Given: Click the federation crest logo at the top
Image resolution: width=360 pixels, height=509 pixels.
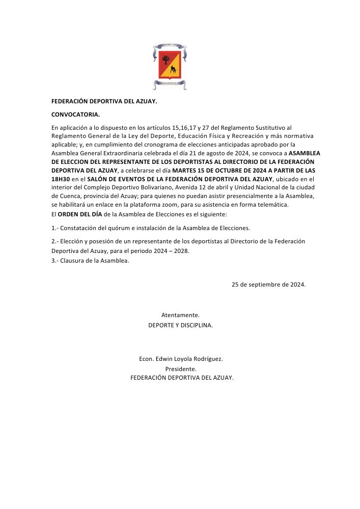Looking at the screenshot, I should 171,66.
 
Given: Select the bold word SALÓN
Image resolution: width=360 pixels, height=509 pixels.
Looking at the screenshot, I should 97,179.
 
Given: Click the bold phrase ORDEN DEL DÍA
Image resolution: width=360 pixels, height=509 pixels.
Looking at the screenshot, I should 79,214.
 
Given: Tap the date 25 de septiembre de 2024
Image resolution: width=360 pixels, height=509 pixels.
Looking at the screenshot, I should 268,285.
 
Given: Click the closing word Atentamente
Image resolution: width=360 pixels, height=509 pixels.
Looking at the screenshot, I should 180,315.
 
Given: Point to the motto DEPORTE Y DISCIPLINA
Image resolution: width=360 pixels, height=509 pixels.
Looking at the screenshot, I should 180,325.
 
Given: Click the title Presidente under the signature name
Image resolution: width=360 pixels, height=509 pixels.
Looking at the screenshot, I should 181,369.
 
